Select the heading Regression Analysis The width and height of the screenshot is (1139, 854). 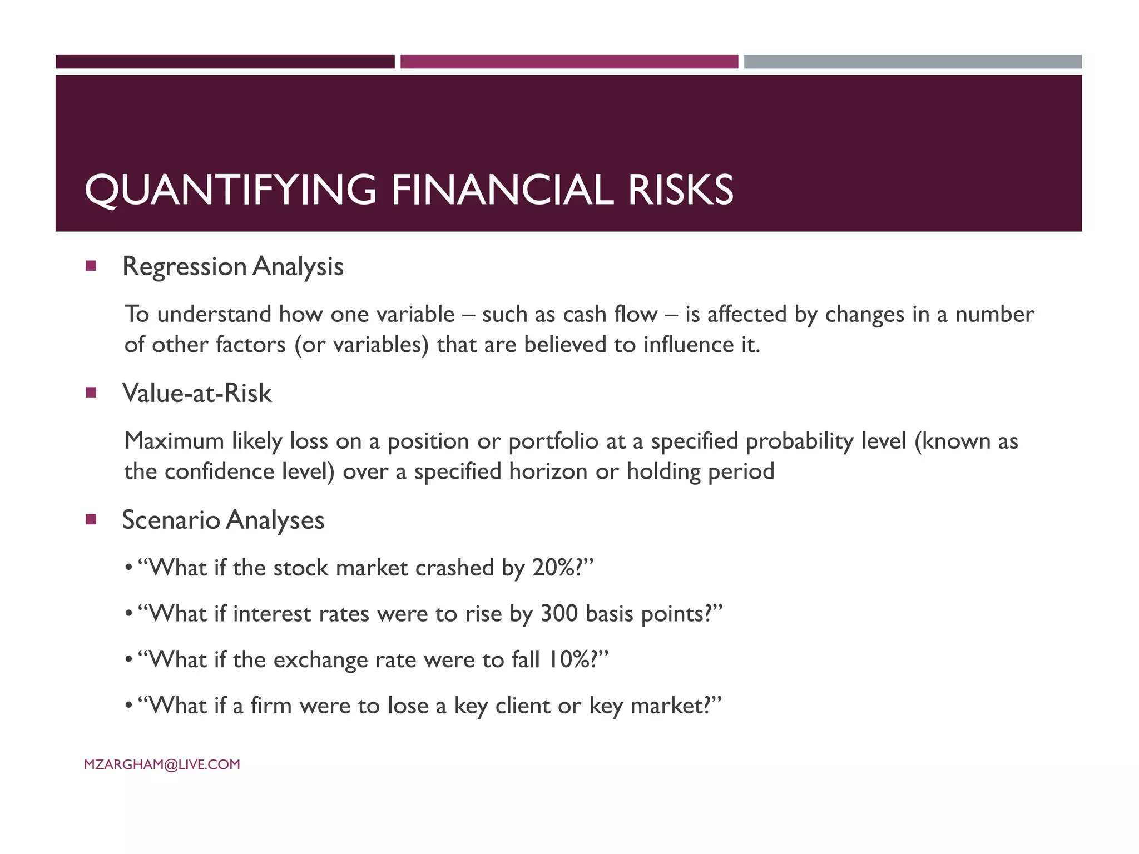click(232, 266)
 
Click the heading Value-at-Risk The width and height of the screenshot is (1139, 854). click(197, 393)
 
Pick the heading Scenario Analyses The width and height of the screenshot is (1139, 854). click(223, 520)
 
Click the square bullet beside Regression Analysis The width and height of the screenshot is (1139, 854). click(91, 266)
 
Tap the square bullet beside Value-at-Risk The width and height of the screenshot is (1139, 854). click(91, 393)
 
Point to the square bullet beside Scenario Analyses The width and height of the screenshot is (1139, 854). click(91, 520)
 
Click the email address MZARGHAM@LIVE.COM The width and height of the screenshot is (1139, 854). click(162, 764)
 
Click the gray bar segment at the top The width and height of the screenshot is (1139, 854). click(913, 62)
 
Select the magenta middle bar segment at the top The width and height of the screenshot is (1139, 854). click(569, 62)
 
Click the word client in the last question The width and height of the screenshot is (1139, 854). click(522, 706)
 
